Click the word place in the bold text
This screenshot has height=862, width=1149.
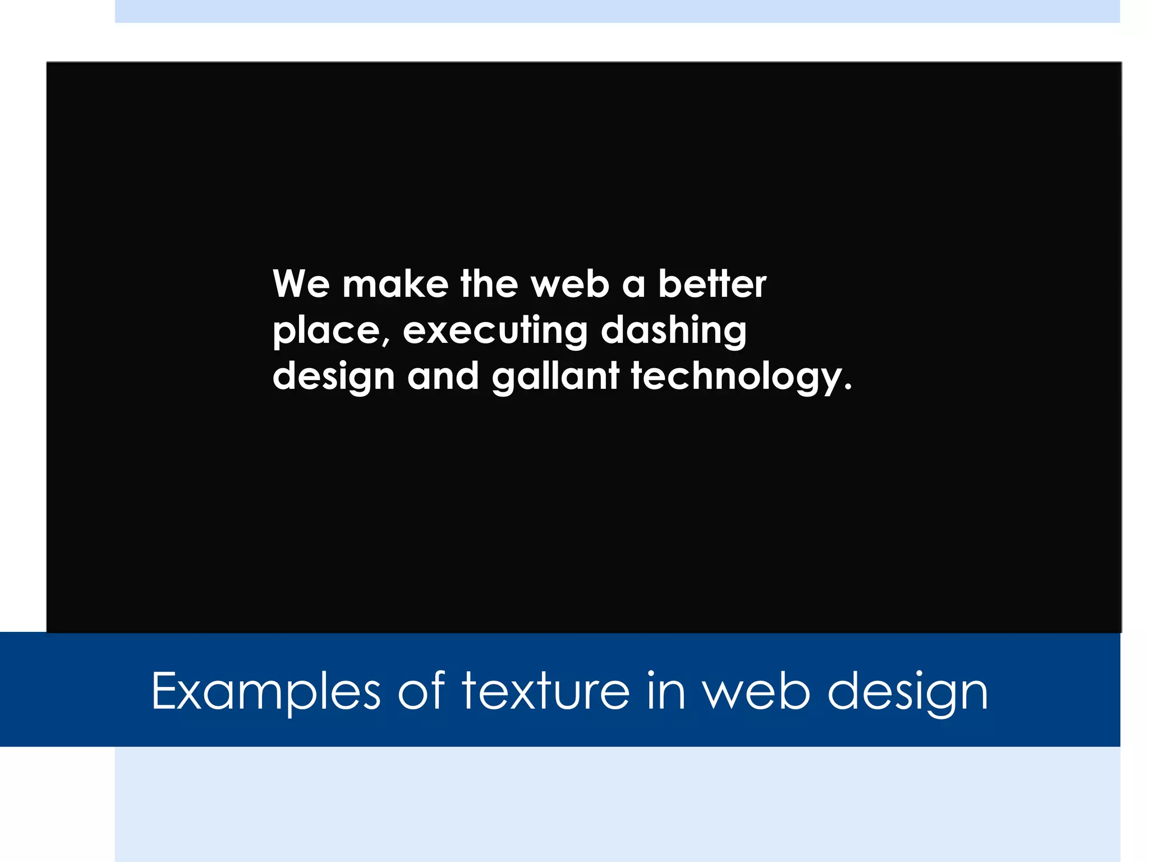325,331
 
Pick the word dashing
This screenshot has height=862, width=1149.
673,331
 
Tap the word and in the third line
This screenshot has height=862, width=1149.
443,376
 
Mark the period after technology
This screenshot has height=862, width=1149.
847,387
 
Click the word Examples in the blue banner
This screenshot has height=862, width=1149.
266,692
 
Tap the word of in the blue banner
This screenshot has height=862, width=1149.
421,691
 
